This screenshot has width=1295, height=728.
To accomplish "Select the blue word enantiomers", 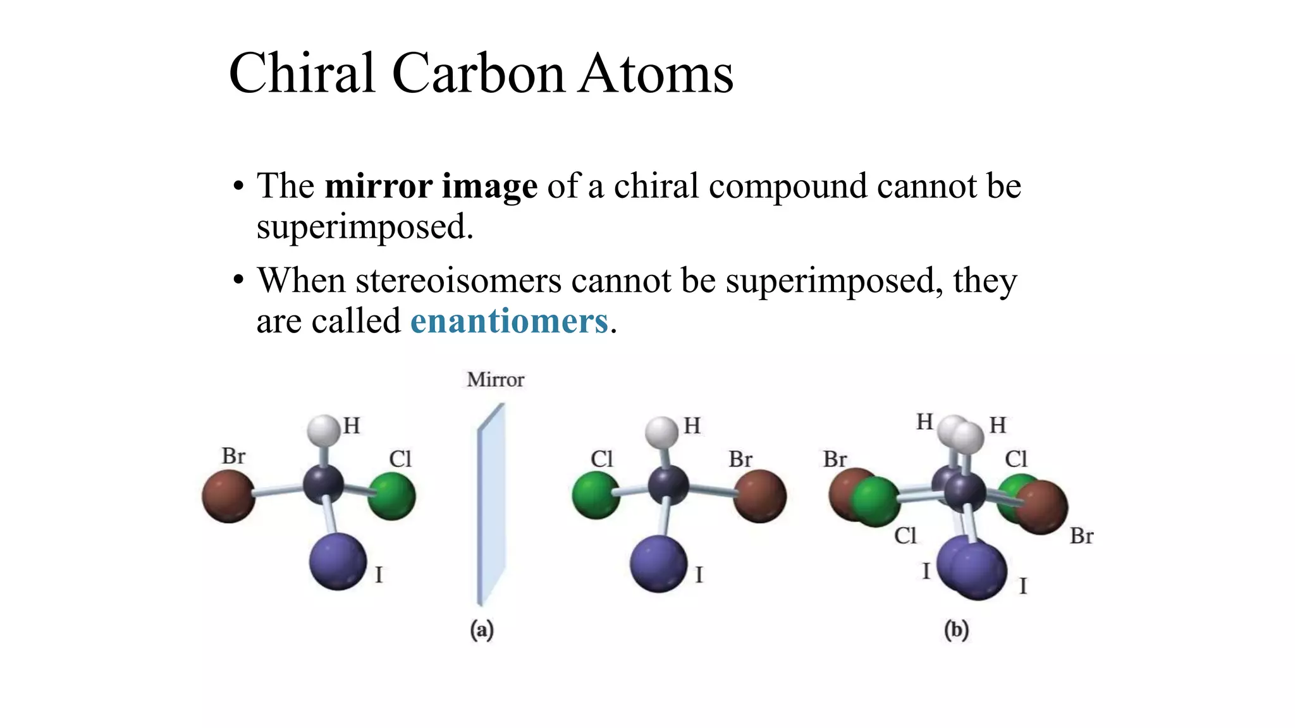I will (x=509, y=321).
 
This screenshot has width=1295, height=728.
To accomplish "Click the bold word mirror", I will (x=378, y=186).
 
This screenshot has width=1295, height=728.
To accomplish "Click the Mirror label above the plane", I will (x=496, y=380).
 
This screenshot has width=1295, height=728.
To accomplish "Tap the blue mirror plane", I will (x=491, y=506).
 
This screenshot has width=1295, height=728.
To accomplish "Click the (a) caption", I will (x=482, y=630).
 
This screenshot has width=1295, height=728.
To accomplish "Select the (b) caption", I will (x=956, y=630).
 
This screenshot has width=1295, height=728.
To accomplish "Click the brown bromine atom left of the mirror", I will (x=228, y=496).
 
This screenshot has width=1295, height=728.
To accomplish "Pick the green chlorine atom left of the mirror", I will (x=392, y=496).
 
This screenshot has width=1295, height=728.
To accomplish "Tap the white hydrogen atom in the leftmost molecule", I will (x=324, y=430).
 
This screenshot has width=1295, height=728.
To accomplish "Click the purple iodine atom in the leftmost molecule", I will (x=338, y=562).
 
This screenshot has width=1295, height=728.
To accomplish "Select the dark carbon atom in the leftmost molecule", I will (x=323, y=485).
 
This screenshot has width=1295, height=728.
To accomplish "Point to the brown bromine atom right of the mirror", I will (x=761, y=496).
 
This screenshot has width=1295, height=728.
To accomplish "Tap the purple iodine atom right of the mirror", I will (x=658, y=564).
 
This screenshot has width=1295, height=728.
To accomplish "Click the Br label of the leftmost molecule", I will (x=233, y=456).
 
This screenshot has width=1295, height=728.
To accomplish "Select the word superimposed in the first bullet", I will (x=364, y=227).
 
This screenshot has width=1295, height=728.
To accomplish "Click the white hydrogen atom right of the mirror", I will (x=661, y=432).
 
